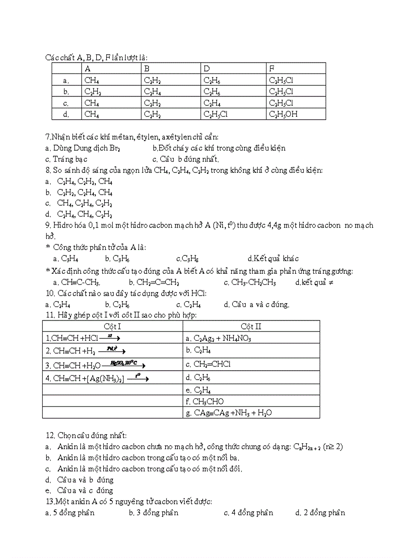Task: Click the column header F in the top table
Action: point(272,69)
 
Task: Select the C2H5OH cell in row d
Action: point(283,114)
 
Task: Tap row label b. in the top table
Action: point(66,91)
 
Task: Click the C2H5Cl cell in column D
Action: point(215,114)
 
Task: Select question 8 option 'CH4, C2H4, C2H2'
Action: point(84,203)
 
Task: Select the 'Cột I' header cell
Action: point(112,326)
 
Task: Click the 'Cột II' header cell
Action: point(251,326)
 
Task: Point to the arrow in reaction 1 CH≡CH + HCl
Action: point(110,337)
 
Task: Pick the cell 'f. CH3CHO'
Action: point(204,401)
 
